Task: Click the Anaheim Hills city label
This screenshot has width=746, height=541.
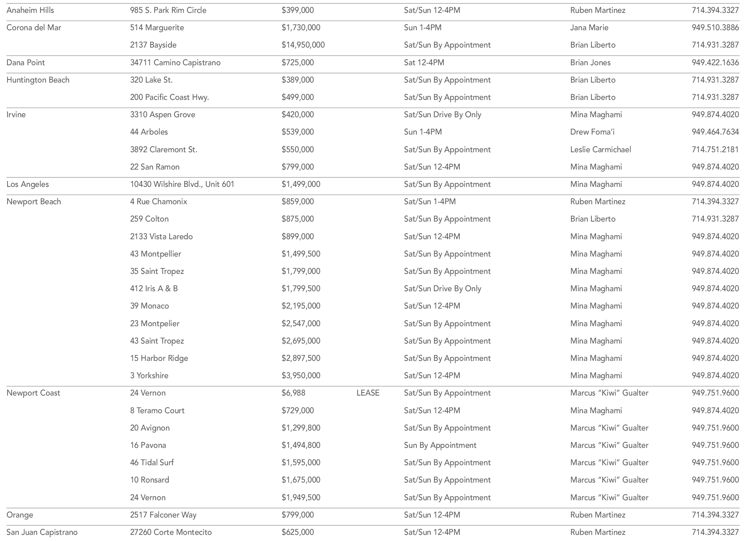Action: coord(30,10)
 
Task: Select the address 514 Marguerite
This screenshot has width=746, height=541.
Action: coord(157,28)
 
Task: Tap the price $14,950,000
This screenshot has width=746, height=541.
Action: coord(303,45)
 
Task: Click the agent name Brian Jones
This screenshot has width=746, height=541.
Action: coord(590,63)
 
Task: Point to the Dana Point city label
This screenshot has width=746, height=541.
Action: coord(25,63)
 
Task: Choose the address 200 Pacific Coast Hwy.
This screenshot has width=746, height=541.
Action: coord(169,97)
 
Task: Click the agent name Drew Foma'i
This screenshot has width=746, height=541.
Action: coord(592,132)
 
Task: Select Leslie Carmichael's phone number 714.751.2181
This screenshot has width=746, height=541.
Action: coord(715,150)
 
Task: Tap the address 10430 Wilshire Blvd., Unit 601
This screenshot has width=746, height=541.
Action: coord(182,184)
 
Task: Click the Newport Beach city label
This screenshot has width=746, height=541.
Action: coord(34,202)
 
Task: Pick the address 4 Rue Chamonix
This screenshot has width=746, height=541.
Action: coord(158,202)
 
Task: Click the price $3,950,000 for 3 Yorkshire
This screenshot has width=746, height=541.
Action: coord(301,376)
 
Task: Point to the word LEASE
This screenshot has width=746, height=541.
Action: coord(368,393)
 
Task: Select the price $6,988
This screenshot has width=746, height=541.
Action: coord(293,393)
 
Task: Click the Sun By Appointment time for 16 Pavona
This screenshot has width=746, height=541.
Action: coord(440,445)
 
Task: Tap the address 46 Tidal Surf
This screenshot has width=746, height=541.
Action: coord(152,463)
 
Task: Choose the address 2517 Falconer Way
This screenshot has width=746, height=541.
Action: coord(163,515)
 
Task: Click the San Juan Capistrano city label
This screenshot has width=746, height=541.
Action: coord(42,532)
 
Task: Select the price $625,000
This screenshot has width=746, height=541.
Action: coord(298,532)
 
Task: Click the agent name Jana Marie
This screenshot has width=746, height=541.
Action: coord(589,28)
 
